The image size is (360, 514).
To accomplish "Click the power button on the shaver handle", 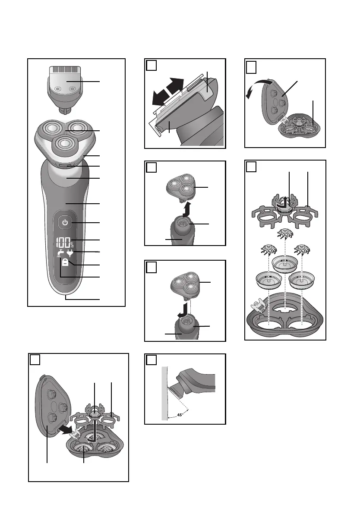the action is [x=65, y=223].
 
